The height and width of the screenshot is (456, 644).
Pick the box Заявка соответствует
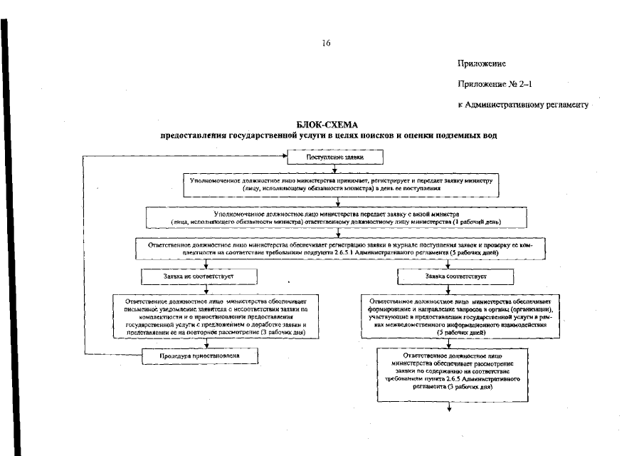[x=448, y=275]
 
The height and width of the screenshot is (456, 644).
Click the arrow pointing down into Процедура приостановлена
[x=206, y=343]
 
